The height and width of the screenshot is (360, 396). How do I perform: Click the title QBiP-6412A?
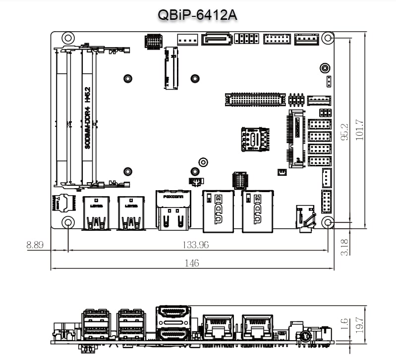197,15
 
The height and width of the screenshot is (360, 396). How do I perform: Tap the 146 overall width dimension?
192,263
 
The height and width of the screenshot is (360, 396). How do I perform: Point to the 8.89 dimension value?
35,245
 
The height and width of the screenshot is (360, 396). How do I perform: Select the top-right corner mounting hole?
327,38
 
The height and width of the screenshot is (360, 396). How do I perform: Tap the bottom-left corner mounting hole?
68,222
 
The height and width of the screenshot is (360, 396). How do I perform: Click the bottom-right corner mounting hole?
327,222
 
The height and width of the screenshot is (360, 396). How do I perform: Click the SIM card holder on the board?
254,139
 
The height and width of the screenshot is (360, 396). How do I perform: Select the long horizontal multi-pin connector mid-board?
255,99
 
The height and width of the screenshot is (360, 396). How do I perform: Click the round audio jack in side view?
304,336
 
